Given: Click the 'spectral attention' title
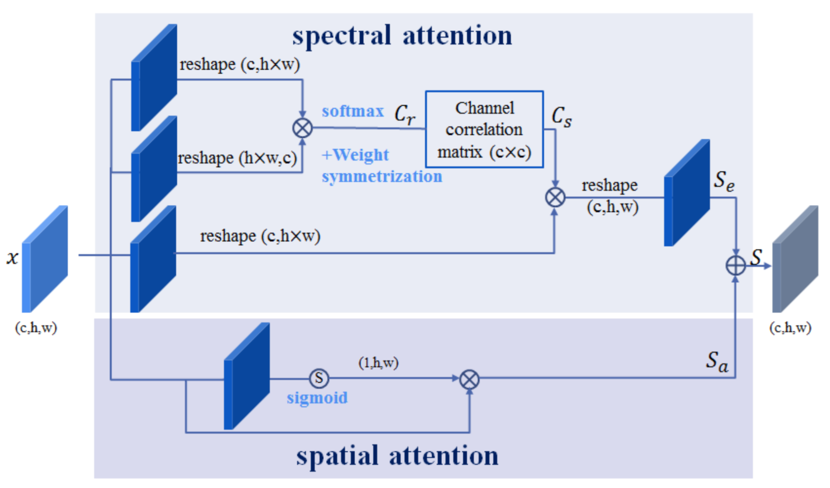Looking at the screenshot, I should (402, 36).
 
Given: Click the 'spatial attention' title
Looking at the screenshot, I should (397, 456).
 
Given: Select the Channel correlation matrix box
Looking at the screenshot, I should (484, 129).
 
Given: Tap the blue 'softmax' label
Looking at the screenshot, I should (353, 111).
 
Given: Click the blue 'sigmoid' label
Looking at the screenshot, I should (317, 398).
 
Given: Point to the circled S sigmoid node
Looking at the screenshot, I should (319, 378).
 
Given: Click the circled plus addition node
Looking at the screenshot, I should (735, 266).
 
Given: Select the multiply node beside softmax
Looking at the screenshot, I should (302, 128).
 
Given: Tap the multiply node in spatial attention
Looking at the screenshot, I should (469, 379).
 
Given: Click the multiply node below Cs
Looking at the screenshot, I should (555, 197).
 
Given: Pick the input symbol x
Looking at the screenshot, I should (13, 257).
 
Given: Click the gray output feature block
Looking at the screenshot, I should (795, 259).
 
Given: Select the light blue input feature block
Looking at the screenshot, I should (45, 259).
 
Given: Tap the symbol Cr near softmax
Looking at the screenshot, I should (405, 115).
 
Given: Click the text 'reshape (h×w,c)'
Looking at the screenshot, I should (237, 158).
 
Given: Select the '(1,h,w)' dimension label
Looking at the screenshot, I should (378, 363).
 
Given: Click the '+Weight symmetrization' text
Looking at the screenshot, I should (381, 166).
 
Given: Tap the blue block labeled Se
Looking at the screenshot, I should (687, 193).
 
